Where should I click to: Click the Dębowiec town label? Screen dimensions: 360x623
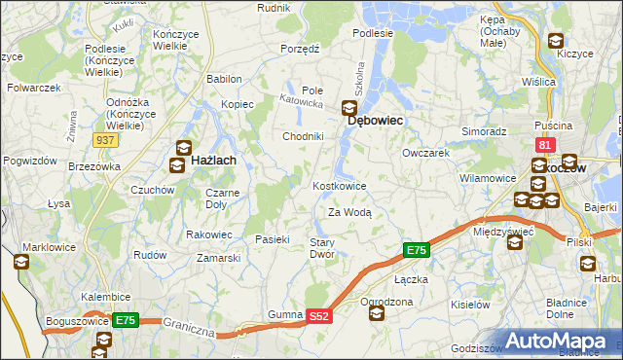click(376, 121)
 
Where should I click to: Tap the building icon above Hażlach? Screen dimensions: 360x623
click(182, 146)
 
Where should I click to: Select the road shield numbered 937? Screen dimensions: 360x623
click(107, 141)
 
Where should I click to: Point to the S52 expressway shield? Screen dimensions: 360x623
click(320, 316)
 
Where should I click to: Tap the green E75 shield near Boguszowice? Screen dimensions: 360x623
click(125, 319)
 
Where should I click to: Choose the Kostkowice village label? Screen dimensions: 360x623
click(339, 186)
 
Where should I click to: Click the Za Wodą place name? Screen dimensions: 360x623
click(349, 212)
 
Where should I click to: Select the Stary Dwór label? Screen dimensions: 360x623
click(322, 248)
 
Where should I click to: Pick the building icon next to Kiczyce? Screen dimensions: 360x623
click(556, 41)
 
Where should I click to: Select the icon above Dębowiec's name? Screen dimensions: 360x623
click(348, 109)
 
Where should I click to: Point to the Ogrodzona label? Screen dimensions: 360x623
click(386, 302)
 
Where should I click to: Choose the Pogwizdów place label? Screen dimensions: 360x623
click(27, 160)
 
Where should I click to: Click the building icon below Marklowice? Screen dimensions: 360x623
click(21, 262)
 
